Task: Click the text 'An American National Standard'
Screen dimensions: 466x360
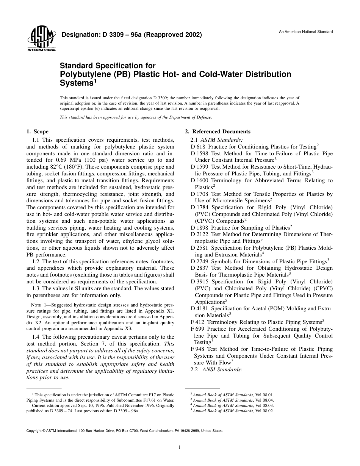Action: pos(306,32)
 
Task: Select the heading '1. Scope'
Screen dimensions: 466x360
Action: pos(37,132)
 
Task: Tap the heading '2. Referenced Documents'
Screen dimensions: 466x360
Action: pos(218,132)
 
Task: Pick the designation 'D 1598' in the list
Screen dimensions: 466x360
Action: pos(200,154)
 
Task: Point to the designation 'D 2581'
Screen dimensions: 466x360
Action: pos(200,248)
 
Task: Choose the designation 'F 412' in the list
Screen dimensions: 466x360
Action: pos(198,322)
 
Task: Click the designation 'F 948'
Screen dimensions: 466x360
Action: pos(198,349)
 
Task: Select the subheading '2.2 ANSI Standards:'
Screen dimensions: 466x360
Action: pos(216,369)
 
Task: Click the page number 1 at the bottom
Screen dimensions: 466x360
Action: pos(180,447)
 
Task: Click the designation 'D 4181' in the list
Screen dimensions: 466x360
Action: pos(200,309)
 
